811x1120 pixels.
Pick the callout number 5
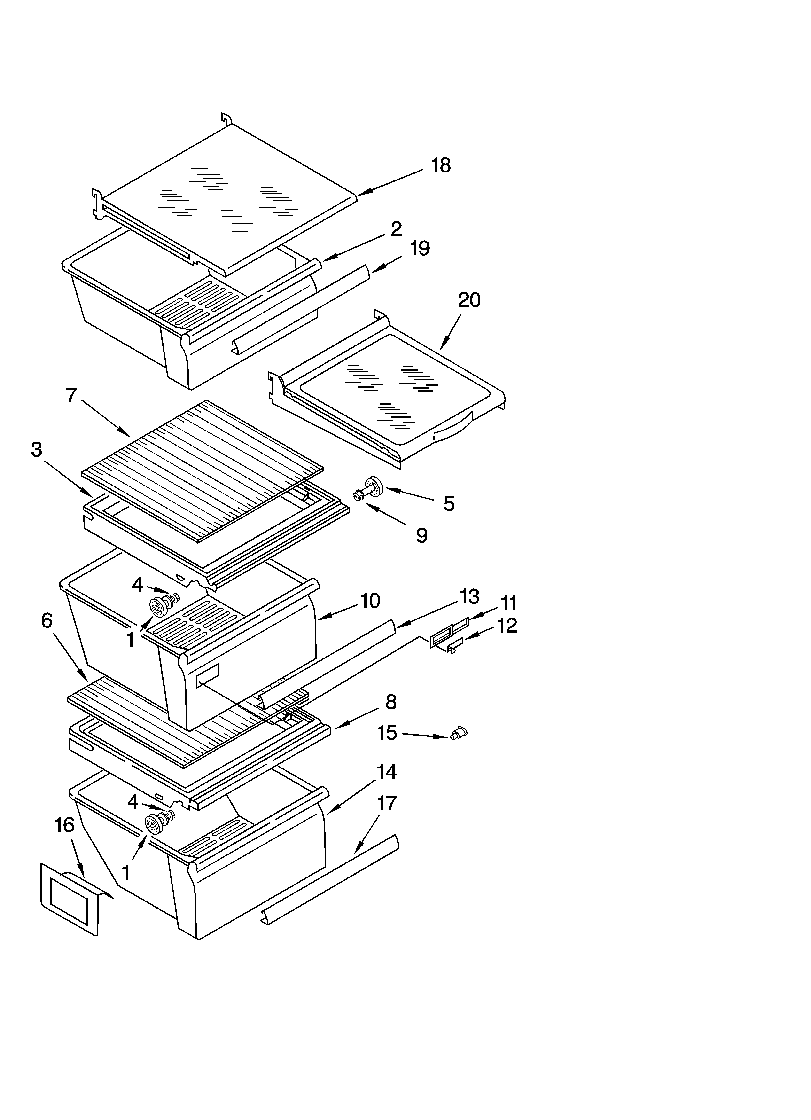tap(448, 504)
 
